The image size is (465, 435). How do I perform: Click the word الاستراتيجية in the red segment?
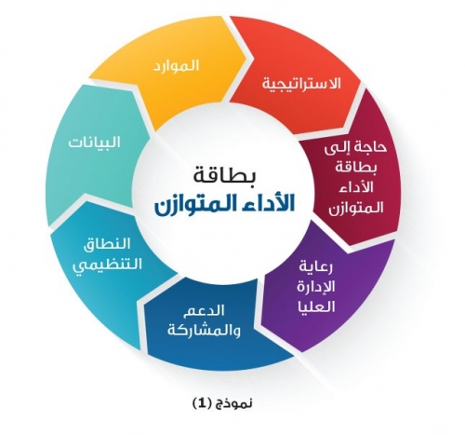point(301,84)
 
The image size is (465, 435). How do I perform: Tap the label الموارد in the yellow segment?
point(176,66)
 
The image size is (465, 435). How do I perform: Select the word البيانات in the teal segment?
point(94,143)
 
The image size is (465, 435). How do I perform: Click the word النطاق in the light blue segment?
point(107,244)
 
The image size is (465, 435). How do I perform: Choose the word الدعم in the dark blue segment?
point(203,311)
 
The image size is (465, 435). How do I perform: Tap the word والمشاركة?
point(204,330)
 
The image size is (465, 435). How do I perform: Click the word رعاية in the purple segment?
point(315,267)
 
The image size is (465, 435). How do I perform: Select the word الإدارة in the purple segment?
point(315,287)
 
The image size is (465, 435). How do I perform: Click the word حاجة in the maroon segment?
point(370,147)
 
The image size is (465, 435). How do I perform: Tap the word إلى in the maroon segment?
point(337,146)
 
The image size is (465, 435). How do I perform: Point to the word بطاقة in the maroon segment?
point(356,168)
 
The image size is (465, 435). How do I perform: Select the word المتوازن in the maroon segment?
point(356,208)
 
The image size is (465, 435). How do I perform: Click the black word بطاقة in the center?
point(225,175)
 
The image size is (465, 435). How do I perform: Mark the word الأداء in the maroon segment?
point(356,187)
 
